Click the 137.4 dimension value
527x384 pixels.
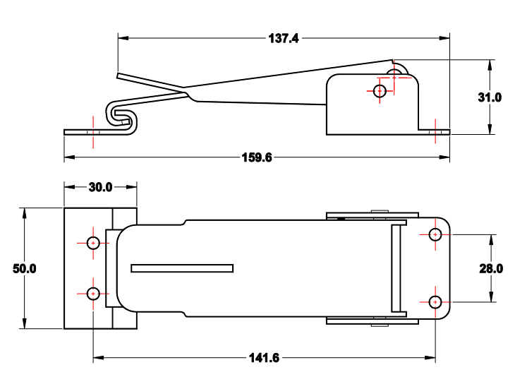[284, 39]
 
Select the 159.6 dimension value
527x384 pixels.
[257, 157]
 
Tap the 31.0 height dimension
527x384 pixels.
[489, 97]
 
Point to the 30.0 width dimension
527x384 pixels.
[100, 187]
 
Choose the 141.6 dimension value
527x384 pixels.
[265, 358]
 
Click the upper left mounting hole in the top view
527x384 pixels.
[93, 243]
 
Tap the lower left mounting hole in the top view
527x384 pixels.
[93, 293]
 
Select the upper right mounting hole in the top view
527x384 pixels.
[435, 234]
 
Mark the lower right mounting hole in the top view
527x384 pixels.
[435, 302]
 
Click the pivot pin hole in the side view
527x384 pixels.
[380, 90]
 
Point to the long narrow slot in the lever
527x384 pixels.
[182, 268]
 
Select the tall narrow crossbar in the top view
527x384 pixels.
[396, 268]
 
